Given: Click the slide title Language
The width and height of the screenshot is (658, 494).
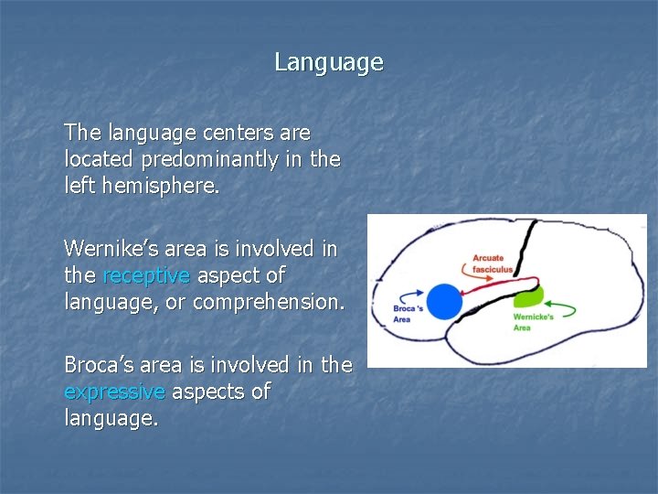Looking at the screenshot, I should [329, 63].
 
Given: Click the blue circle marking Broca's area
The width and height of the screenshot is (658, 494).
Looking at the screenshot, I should [445, 301].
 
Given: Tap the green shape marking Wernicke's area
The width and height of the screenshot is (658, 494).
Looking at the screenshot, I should [528, 295].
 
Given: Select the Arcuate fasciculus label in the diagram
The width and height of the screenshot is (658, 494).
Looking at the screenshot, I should [492, 263].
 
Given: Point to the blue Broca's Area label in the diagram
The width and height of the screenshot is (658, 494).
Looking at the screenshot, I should [408, 314].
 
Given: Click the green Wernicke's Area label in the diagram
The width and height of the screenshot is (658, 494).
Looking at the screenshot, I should [534, 322].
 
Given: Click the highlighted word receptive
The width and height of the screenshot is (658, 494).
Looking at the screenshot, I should [146, 275].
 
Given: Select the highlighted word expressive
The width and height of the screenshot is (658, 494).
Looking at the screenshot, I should [114, 392].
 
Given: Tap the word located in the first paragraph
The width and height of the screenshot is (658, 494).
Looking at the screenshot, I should [96, 159].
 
